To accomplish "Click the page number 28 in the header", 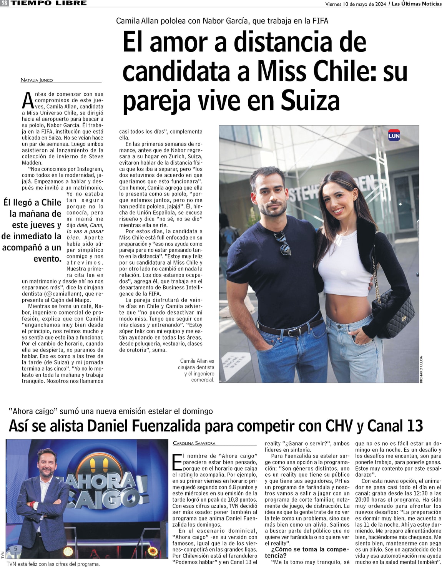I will tap(4, 3).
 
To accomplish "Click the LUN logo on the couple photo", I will tap(394, 136).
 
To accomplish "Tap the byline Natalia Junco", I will tap(37, 80).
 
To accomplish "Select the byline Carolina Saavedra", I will tap(194, 443).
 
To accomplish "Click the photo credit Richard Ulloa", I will tap(421, 369).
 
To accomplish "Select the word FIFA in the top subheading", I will tap(320, 21).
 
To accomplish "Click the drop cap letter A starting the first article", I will tap(28, 101).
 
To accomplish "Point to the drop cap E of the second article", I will tap(177, 462).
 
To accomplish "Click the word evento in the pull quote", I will tap(47, 259).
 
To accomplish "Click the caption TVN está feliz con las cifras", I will tap(53, 564).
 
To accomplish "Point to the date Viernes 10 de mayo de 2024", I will tap(355, 4).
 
